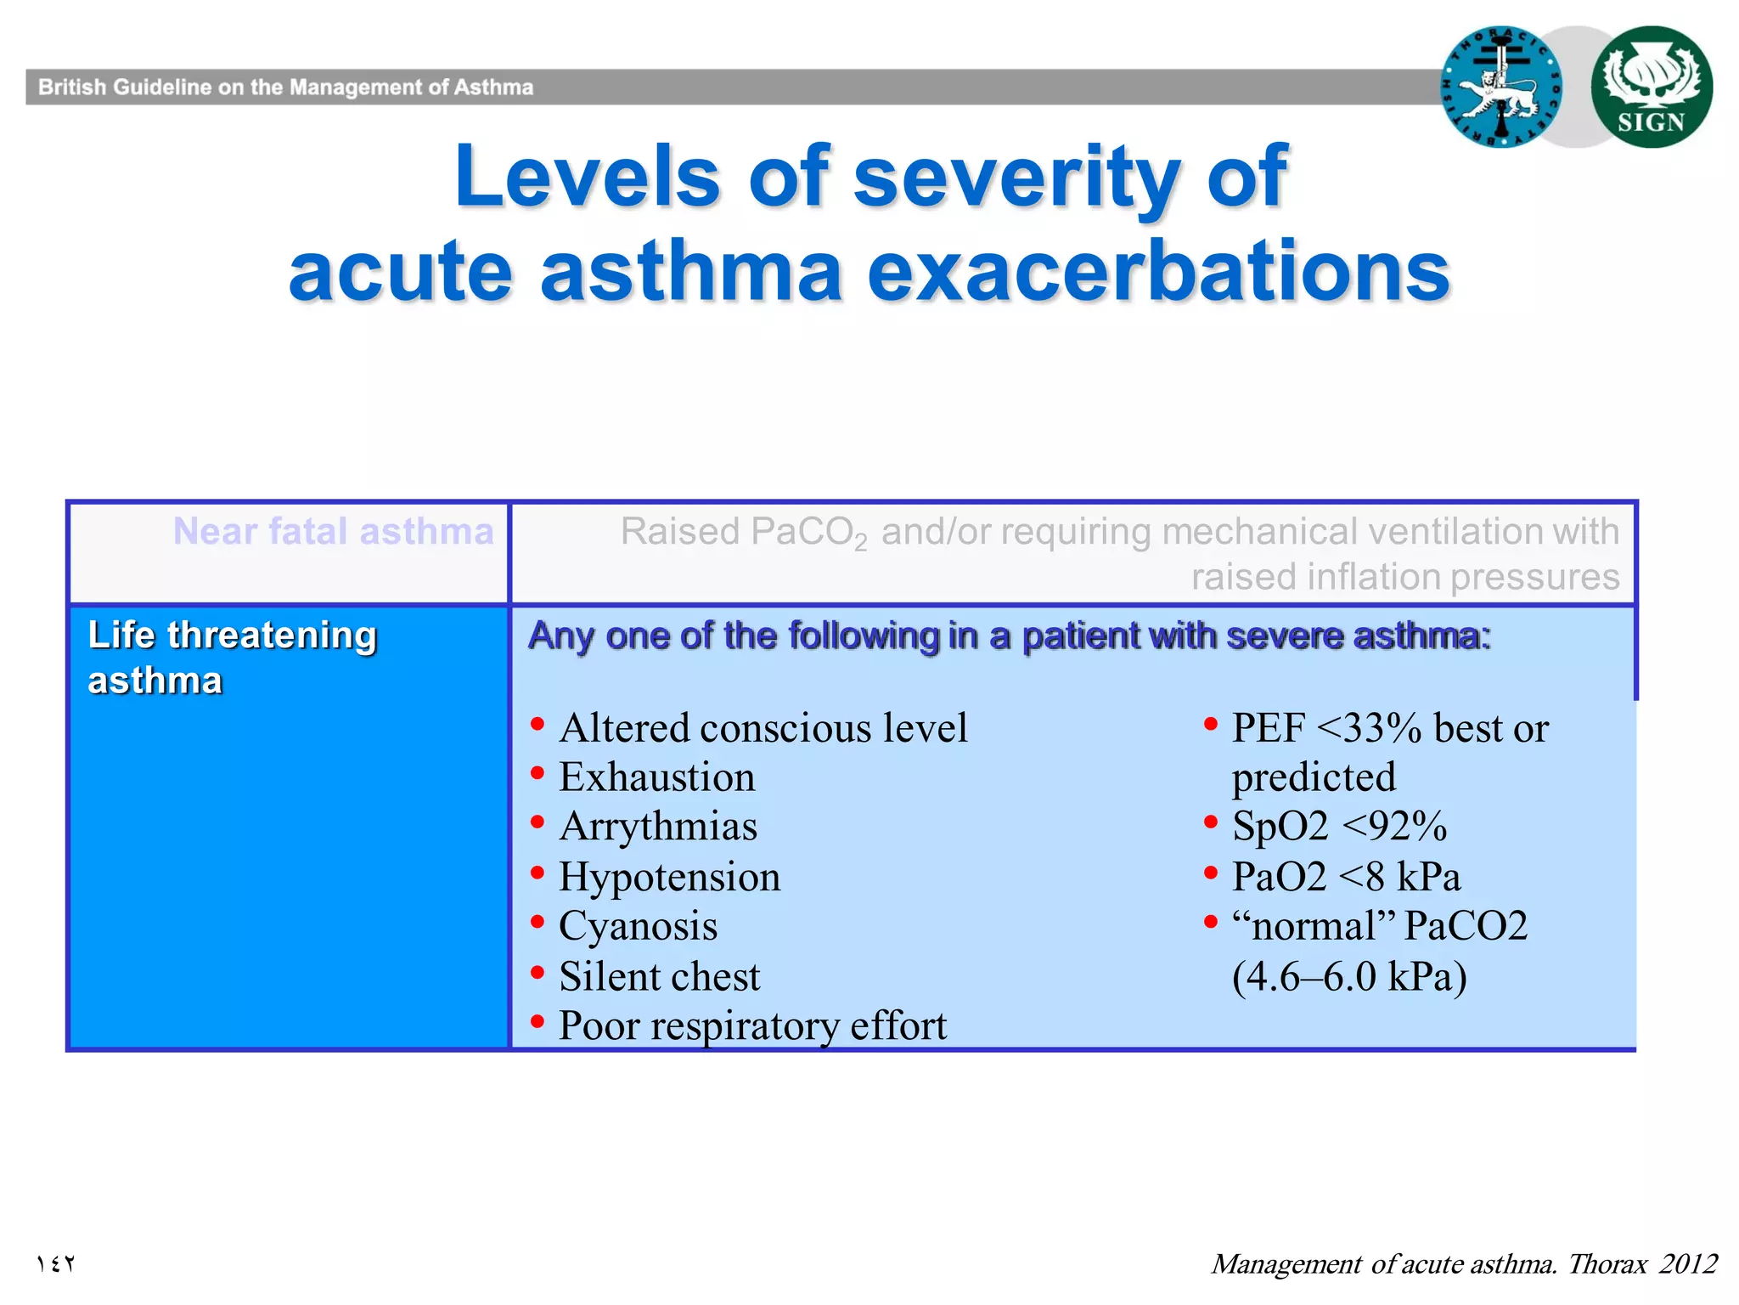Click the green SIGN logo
pos(1651,87)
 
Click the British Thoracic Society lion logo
pos(1501,87)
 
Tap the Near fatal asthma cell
pos(333,532)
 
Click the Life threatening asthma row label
pos(232,657)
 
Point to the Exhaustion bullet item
pos(656,777)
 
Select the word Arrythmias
pos(658,827)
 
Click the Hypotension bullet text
pos(669,877)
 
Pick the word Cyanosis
pos(638,926)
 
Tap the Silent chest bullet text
pos(659,976)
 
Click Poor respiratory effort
pos(751,1025)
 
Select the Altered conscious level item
pos(763,728)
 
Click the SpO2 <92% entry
pos(1339,827)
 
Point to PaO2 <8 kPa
pos(1346,877)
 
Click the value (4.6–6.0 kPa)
pos(1349,976)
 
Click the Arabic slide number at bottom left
pos(55,1263)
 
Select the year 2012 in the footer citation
pos(1688,1263)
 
